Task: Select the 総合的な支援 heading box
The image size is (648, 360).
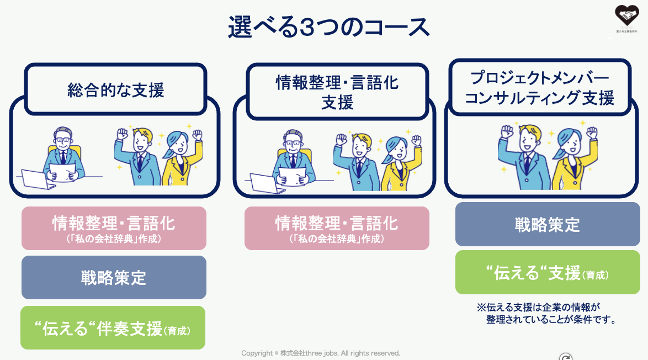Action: (x=115, y=89)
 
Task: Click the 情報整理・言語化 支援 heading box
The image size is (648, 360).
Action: (x=337, y=92)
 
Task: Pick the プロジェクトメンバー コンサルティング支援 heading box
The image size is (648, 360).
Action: (x=539, y=88)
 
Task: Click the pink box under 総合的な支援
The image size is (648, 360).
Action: (x=114, y=228)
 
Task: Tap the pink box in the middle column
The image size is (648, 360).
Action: (x=337, y=228)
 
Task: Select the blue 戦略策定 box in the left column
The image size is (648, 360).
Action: (x=114, y=277)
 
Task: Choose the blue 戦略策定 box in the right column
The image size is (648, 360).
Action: (x=547, y=224)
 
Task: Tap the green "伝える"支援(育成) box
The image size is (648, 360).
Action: (x=547, y=272)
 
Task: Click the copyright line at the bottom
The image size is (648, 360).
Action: (x=321, y=353)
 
